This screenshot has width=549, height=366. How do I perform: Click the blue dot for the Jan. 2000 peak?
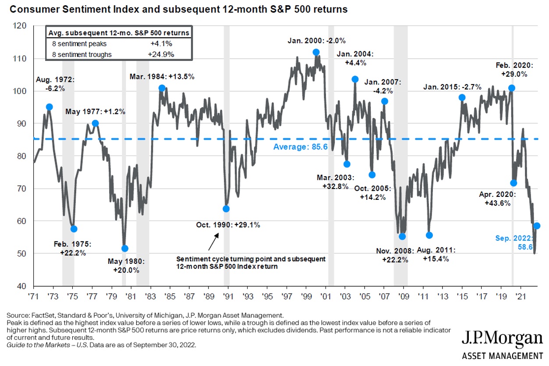point(316,52)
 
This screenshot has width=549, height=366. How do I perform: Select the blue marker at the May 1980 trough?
point(125,249)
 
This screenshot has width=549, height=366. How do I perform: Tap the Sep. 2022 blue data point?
point(537,226)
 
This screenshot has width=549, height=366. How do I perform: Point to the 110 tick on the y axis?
point(21,59)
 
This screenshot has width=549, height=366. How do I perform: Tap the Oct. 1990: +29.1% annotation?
point(228,225)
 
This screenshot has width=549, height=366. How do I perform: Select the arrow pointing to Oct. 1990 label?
point(213,242)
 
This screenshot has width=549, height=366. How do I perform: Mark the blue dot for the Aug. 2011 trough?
point(429,235)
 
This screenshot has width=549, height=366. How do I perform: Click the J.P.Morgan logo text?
point(502,339)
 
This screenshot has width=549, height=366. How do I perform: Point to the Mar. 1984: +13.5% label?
point(162,77)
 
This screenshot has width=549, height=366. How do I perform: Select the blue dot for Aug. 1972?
point(50,107)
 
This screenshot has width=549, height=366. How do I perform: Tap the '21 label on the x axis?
point(520,297)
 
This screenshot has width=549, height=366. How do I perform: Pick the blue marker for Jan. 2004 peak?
point(355,79)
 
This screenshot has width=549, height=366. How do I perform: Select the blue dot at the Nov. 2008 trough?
point(402,237)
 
